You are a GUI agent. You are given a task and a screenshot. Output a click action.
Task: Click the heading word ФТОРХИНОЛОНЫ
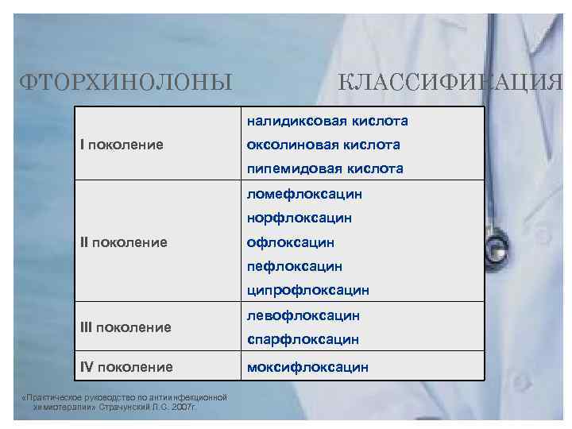(x=126, y=81)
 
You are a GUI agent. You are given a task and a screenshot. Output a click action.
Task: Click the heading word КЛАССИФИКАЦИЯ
(x=450, y=81)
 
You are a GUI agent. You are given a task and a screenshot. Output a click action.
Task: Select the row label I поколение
(x=122, y=145)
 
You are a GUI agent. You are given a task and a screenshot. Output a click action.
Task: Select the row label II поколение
(x=124, y=242)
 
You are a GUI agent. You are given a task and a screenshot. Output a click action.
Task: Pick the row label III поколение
(x=126, y=327)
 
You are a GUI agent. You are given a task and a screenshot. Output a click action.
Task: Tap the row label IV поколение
(x=126, y=366)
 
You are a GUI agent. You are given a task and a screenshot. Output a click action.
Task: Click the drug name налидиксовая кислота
(x=327, y=122)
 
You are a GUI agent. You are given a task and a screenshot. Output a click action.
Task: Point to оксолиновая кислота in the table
(x=323, y=145)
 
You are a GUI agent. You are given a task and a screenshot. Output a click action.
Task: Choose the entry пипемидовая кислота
(x=325, y=168)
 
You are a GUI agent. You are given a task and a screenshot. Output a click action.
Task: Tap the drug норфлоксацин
(x=300, y=218)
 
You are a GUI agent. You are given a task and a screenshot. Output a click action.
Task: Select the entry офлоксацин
(x=291, y=242)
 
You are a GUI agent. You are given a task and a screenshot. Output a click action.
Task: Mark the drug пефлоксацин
(x=295, y=265)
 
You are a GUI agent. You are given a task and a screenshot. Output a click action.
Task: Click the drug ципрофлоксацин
(x=308, y=290)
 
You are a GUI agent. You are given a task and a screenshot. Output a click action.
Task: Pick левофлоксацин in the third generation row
(x=303, y=315)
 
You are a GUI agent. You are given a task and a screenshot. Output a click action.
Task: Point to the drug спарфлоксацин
(x=303, y=339)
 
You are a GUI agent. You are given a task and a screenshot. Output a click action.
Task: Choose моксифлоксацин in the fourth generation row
(x=307, y=366)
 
